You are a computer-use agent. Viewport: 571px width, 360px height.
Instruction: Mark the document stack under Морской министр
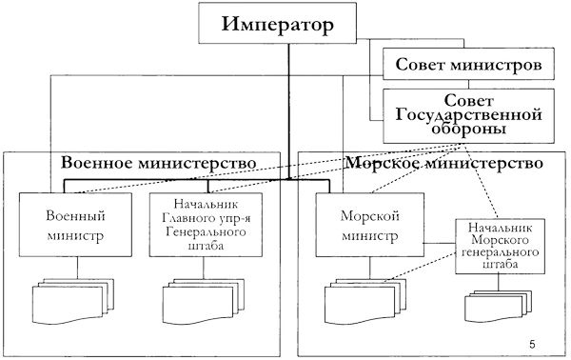point(359,299)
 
